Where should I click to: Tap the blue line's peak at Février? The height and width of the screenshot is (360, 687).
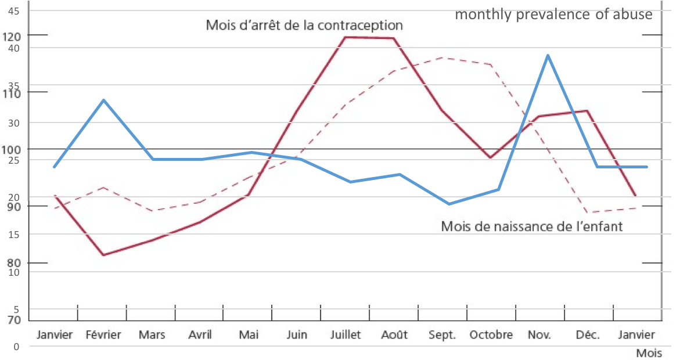[103, 100]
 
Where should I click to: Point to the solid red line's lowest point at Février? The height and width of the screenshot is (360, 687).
[103, 255]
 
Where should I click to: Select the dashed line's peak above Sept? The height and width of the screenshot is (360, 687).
[444, 57]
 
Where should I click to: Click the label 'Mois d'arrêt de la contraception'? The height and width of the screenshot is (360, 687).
[304, 26]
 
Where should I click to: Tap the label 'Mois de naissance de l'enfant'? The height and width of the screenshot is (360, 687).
[531, 226]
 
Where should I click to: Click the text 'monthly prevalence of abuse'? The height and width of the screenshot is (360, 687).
[553, 15]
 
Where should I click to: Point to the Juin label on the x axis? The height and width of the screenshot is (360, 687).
[297, 335]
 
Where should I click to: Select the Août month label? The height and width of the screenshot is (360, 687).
[395, 335]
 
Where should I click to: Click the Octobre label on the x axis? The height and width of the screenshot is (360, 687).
[491, 335]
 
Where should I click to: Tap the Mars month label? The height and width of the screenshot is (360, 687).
[152, 335]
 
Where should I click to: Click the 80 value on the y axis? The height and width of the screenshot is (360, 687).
[14, 262]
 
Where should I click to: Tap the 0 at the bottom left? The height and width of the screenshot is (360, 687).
[16, 347]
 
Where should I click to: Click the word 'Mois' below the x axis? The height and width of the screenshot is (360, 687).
[649, 353]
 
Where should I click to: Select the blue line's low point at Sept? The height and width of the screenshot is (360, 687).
[449, 204]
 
